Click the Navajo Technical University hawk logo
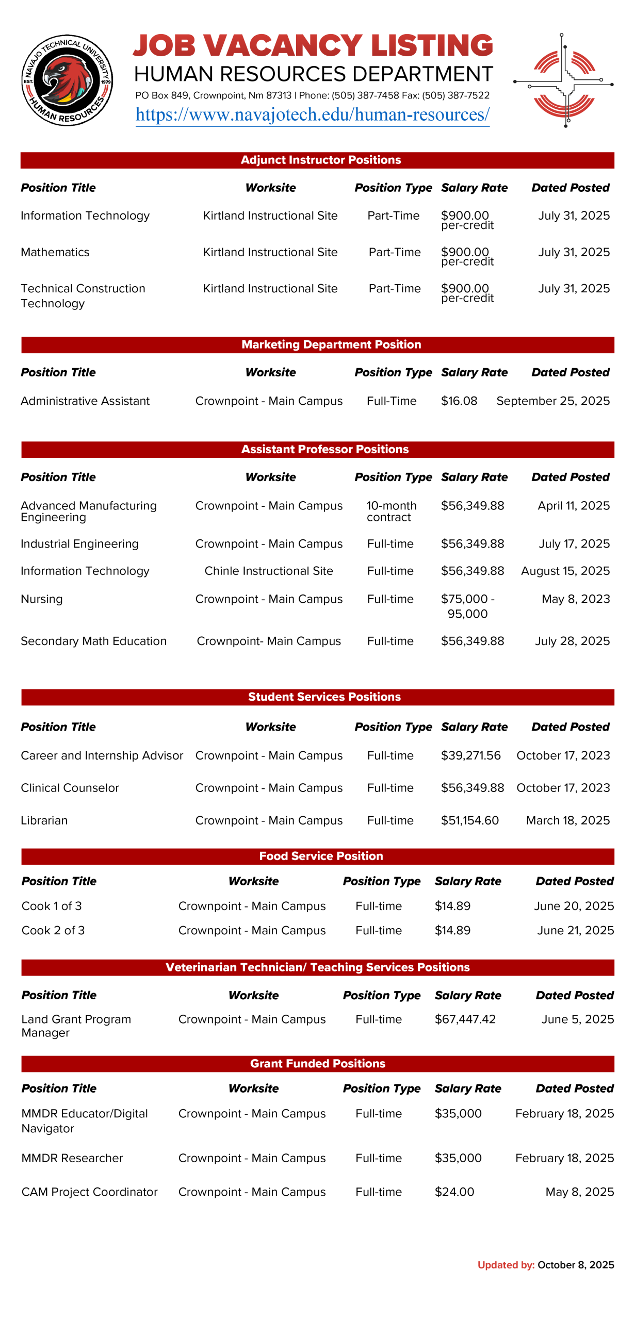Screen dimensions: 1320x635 [67, 80]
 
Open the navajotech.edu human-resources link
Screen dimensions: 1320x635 [312, 114]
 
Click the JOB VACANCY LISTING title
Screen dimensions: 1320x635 [313, 45]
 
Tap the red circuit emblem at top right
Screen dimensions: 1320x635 [563, 81]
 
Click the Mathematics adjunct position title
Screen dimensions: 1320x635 [55, 252]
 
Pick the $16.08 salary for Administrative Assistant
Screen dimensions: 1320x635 [459, 401]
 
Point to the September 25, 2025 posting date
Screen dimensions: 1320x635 [552, 401]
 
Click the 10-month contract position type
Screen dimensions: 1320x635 [391, 511]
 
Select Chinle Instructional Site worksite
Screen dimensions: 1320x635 [268, 571]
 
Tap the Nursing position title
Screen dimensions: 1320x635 [41, 599]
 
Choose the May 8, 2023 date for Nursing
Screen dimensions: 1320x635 [575, 599]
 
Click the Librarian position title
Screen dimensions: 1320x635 [44, 820]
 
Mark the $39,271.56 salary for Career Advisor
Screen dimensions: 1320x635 [470, 755]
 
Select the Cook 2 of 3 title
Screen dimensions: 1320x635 [53, 930]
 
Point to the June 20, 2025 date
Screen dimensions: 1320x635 [574, 905]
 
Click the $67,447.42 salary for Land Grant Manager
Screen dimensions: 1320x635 [465, 1019]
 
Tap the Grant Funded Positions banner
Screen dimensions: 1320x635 [317, 1063]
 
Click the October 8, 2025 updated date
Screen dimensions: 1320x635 [575, 1264]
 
